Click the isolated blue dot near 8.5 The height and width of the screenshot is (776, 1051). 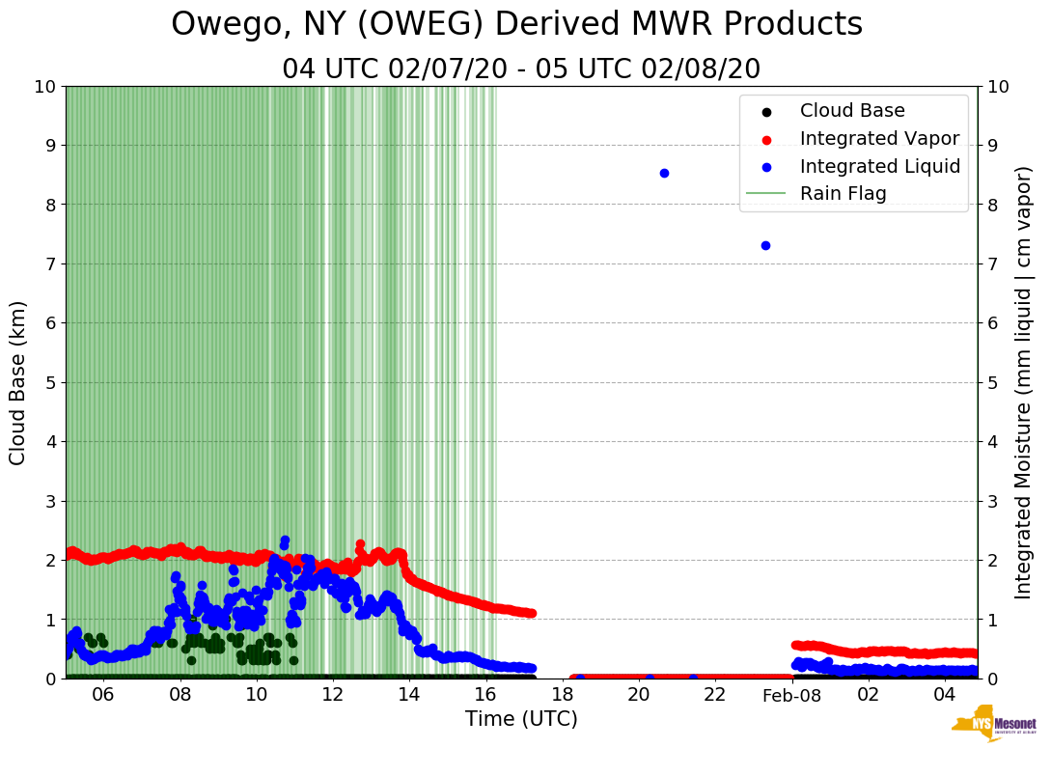[664, 173]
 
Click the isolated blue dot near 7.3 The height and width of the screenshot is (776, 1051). [765, 245]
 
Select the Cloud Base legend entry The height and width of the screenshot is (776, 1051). [852, 111]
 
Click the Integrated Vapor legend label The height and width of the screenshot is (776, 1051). [879, 138]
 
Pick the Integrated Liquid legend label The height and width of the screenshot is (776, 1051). [879, 166]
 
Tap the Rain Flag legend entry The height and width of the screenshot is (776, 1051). [843, 193]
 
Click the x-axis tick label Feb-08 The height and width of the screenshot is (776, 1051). [791, 696]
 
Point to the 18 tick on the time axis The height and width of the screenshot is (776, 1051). [562, 696]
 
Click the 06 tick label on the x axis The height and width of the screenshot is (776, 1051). [103, 696]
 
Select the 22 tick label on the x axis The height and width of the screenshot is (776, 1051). [715, 696]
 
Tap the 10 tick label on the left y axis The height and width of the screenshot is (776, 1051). [44, 86]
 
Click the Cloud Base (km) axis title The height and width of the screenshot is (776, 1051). [18, 382]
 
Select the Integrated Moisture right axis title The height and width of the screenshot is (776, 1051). [1024, 382]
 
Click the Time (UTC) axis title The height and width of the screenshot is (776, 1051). [521, 719]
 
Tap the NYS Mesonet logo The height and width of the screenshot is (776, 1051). [993, 728]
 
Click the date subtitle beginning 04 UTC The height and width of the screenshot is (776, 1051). [521, 69]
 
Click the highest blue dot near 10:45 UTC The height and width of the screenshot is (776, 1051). [285, 540]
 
